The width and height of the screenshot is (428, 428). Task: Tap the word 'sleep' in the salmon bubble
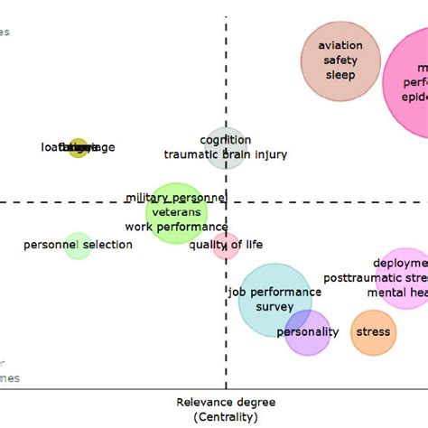pyautogui.click(x=340, y=75)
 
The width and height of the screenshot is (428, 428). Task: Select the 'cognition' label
pyautogui.click(x=226, y=140)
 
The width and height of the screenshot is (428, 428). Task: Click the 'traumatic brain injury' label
pyautogui.click(x=226, y=154)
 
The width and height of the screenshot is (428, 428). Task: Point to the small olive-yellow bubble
pyautogui.click(x=79, y=148)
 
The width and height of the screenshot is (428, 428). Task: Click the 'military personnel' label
pyautogui.click(x=175, y=198)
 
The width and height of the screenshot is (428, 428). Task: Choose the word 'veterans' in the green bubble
pyautogui.click(x=176, y=212)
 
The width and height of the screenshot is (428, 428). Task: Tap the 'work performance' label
pyautogui.click(x=176, y=227)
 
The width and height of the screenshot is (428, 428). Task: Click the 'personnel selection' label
pyautogui.click(x=78, y=245)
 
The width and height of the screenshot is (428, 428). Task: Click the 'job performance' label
pyautogui.click(x=274, y=292)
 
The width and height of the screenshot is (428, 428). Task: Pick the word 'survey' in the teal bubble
pyautogui.click(x=274, y=306)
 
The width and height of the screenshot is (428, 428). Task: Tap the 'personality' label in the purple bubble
pyautogui.click(x=308, y=331)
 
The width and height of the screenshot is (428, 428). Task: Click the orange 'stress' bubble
pyautogui.click(x=373, y=331)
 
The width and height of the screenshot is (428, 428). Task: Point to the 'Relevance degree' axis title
pyautogui.click(x=226, y=402)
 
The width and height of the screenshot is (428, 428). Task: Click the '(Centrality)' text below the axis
pyautogui.click(x=226, y=416)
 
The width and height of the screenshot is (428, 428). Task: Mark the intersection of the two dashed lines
pyautogui.click(x=226, y=203)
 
